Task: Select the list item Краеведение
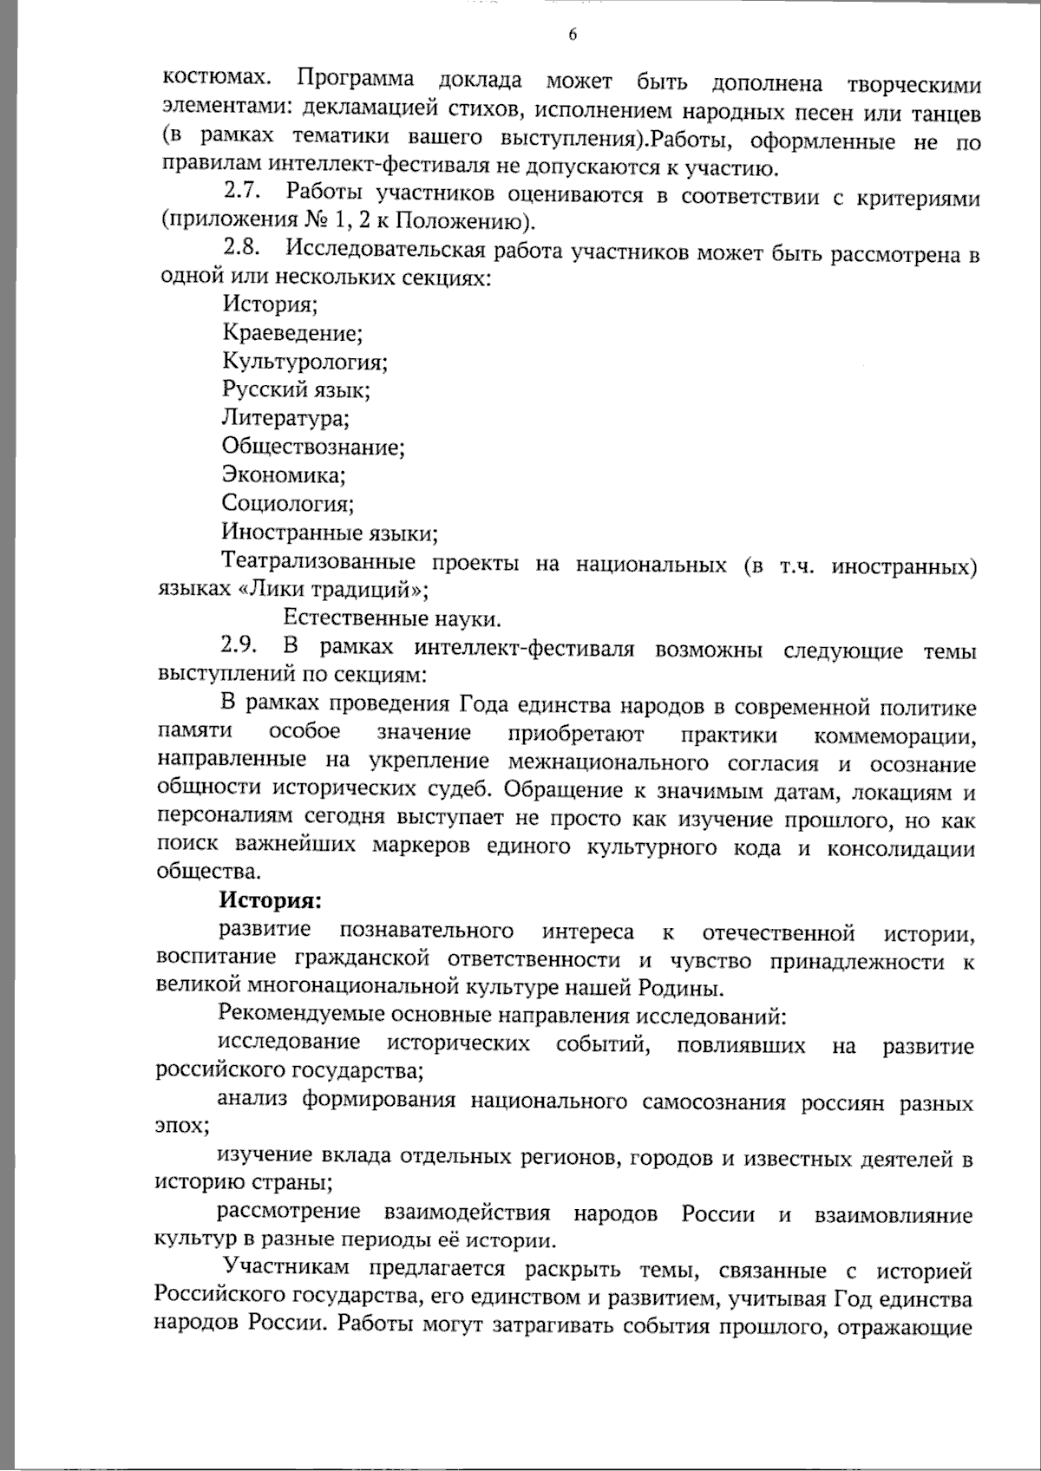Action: [x=291, y=333]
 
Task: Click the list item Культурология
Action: [x=304, y=362]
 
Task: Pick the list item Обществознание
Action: [x=313, y=447]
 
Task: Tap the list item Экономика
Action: [x=284, y=475]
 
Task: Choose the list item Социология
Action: [x=287, y=504]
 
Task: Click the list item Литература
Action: [x=285, y=419]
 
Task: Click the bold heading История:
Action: [x=270, y=901]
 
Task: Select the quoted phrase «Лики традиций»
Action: [x=332, y=591]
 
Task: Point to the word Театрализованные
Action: [x=318, y=562]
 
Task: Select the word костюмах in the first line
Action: [x=213, y=80]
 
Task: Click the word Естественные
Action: [x=354, y=618]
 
